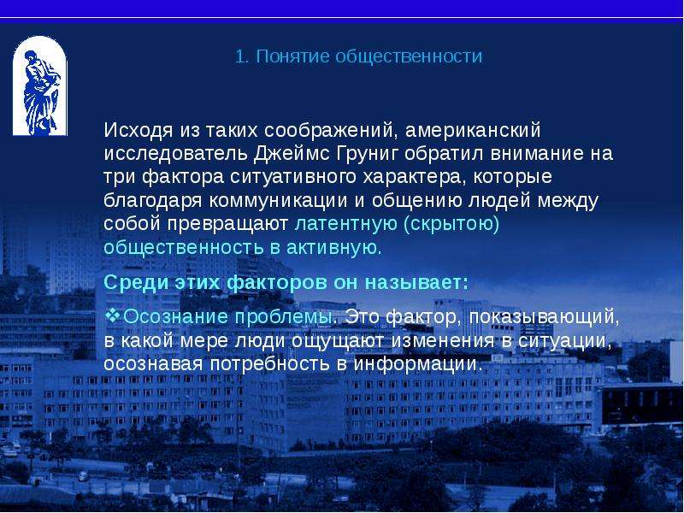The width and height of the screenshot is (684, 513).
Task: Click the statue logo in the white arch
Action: tap(39, 86)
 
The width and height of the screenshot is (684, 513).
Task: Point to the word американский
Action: tap(473, 130)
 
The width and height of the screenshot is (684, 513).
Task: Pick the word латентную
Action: tap(346, 224)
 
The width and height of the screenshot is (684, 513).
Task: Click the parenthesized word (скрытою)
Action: tap(451, 224)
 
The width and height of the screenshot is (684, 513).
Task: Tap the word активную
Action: tap(334, 248)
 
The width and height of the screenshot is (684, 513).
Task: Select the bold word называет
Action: tap(416, 283)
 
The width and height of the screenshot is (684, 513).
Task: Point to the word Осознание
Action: tap(175, 317)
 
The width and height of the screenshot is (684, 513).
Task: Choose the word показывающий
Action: tap(544, 317)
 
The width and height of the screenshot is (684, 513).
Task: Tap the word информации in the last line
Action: tap(418, 364)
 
